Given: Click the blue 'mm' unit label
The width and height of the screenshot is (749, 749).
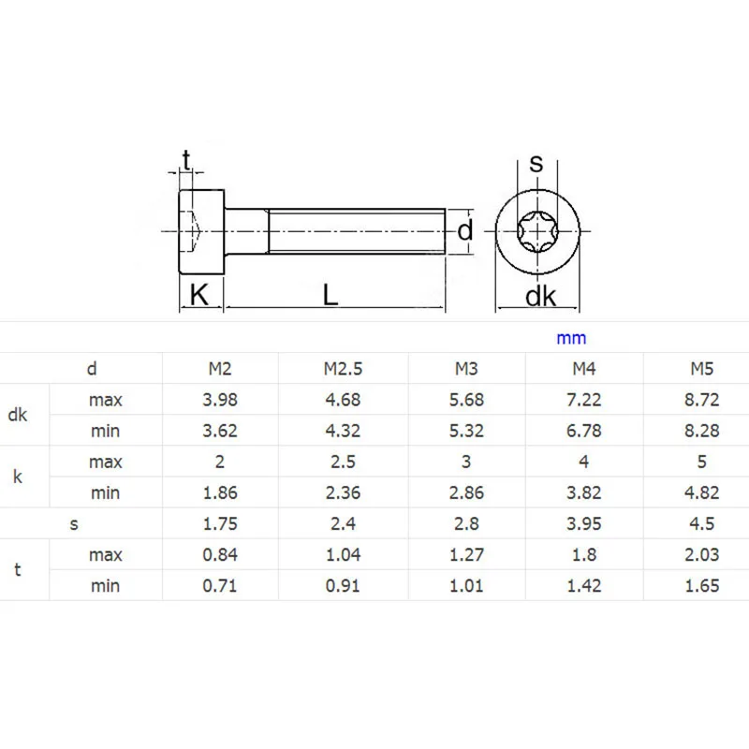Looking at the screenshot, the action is pos(571,339).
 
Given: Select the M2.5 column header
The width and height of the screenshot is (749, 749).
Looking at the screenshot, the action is pos(343,369).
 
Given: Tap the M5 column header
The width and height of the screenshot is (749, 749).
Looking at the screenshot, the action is pos(701,369).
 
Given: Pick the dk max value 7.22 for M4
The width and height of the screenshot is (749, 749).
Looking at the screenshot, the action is pos(583,400).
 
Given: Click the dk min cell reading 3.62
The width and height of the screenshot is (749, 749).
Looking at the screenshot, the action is pos(220,431).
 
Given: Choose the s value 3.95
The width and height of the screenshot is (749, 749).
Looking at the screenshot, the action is pos(583,523).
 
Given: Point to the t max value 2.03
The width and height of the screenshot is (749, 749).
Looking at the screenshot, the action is pos(701,554).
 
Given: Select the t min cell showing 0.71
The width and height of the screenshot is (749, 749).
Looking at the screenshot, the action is pos(220,586).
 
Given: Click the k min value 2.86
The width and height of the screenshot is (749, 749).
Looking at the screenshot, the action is pos(466,492).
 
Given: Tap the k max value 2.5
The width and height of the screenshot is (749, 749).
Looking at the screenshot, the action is pos(343,462).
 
